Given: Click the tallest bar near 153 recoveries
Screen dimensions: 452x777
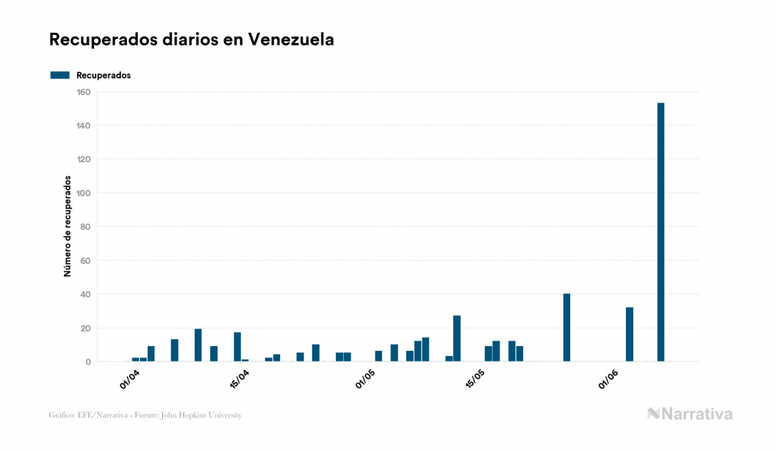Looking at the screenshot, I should [x=661, y=232].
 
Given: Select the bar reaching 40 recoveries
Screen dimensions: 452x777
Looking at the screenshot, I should [x=567, y=328].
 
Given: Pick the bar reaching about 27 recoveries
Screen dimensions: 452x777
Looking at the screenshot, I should [x=457, y=339].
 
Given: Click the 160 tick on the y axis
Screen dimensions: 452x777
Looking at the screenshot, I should [x=84, y=92].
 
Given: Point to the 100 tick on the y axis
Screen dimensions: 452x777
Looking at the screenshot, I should [x=84, y=193].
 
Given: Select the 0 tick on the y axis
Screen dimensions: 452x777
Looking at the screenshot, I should [x=88, y=362].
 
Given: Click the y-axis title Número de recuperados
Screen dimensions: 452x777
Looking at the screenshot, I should [x=67, y=227].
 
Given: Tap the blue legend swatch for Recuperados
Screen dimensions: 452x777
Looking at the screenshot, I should [x=60, y=75].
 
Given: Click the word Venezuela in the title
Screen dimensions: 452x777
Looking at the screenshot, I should [x=291, y=40].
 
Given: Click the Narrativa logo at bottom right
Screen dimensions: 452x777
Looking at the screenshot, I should [x=690, y=414].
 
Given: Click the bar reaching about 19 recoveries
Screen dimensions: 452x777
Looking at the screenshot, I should [x=198, y=345].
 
